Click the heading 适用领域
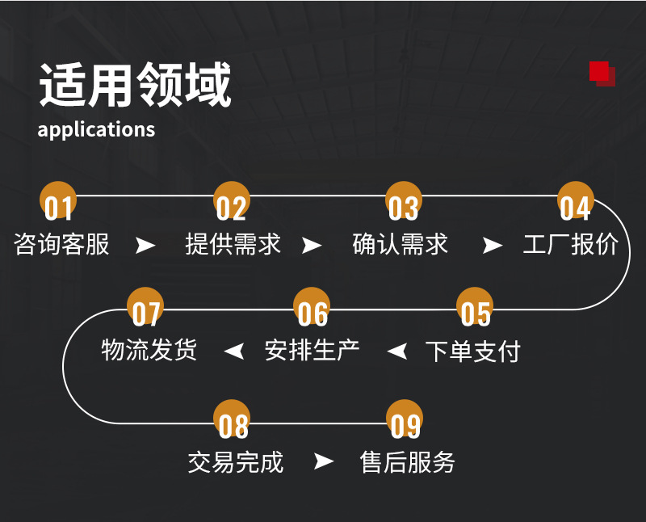pyautogui.click(x=135, y=86)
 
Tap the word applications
pyautogui.click(x=96, y=129)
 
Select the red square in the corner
pyautogui.click(x=600, y=72)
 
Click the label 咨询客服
pyautogui.click(x=62, y=244)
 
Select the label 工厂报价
pyautogui.click(x=570, y=244)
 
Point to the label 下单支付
pyautogui.click(x=473, y=352)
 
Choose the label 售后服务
pyautogui.click(x=408, y=462)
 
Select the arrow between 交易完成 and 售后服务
pyautogui.click(x=323, y=462)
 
